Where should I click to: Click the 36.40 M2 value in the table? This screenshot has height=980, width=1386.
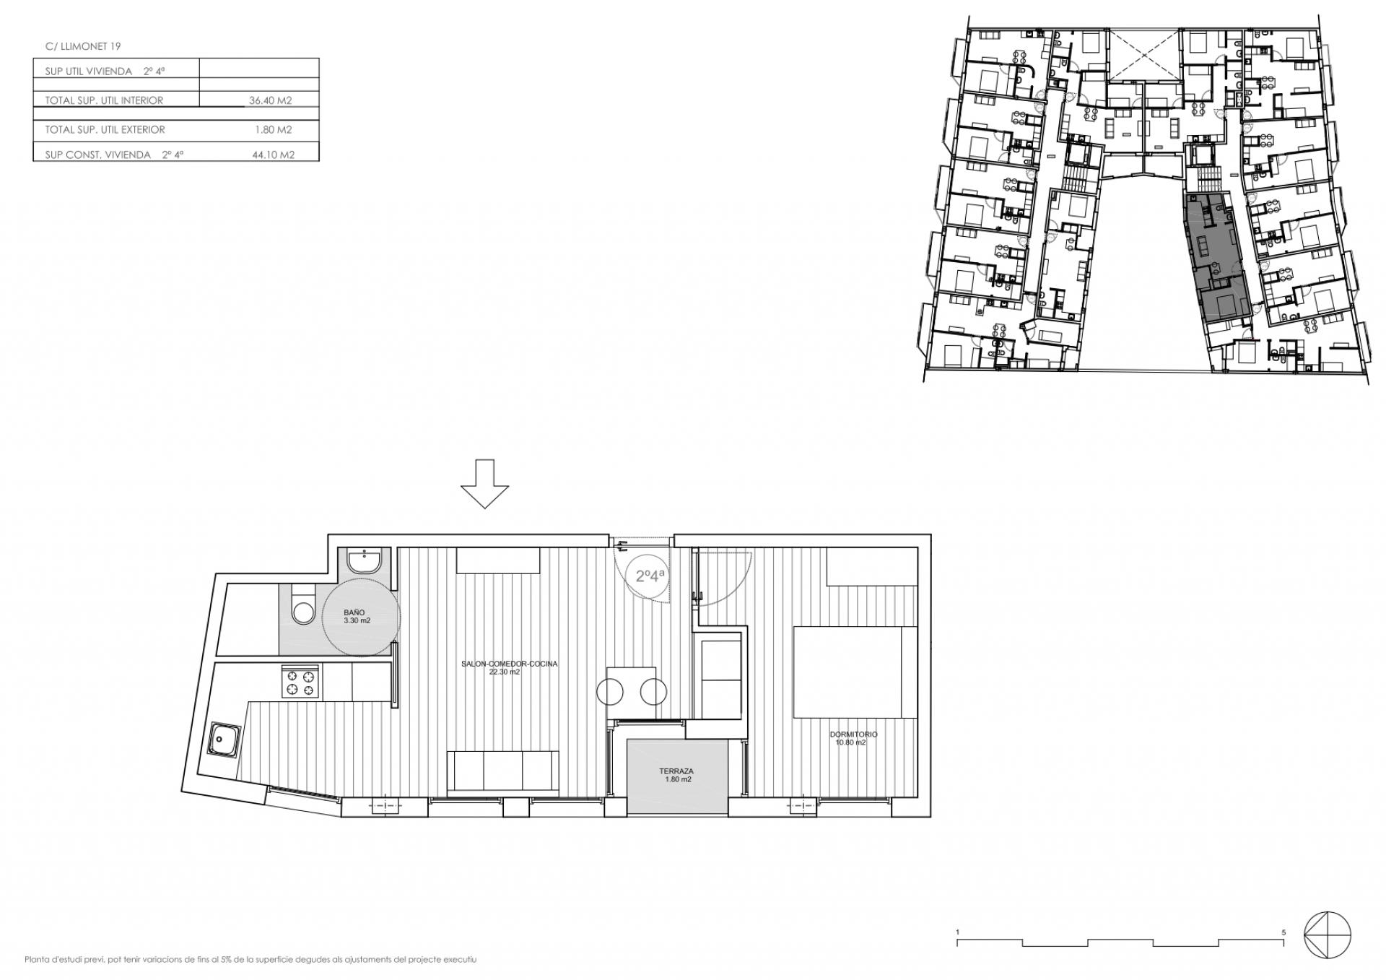(x=271, y=101)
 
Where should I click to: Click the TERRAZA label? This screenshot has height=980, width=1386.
(x=676, y=771)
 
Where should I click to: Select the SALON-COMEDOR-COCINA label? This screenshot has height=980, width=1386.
(x=510, y=664)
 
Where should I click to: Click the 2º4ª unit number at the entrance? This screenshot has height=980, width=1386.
(x=650, y=576)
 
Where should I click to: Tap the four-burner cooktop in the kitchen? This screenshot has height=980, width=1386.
(x=301, y=682)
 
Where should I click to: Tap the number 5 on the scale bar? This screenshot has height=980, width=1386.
(x=1283, y=932)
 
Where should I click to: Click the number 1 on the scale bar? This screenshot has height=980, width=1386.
(x=958, y=932)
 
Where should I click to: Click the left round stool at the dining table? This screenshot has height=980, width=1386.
(x=610, y=693)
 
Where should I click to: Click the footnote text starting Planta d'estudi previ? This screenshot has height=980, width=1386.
(x=251, y=960)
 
